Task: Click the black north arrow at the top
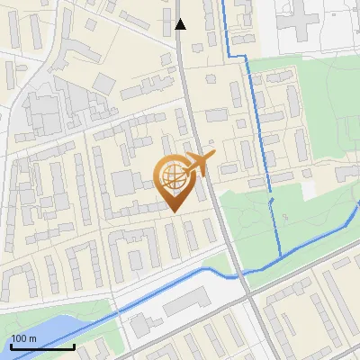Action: (x=181, y=24)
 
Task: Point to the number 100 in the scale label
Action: (x=20, y=338)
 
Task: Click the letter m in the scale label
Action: (x=33, y=338)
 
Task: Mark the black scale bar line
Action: (x=42, y=346)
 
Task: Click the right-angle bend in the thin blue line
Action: (x=246, y=56)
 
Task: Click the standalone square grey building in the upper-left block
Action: (x=104, y=84)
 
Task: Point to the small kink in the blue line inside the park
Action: (x=271, y=203)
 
